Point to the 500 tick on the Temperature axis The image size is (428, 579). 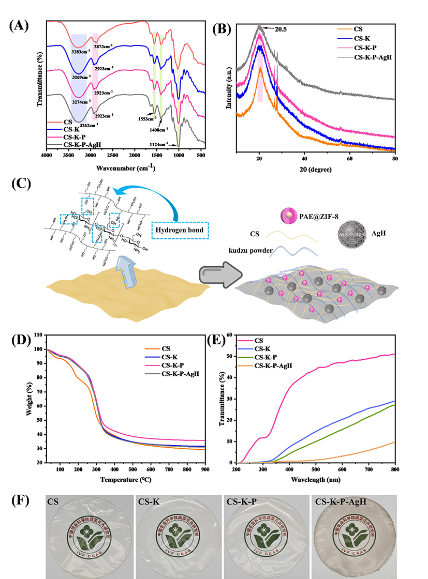pos(132,469)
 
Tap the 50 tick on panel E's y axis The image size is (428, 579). pos(230,357)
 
